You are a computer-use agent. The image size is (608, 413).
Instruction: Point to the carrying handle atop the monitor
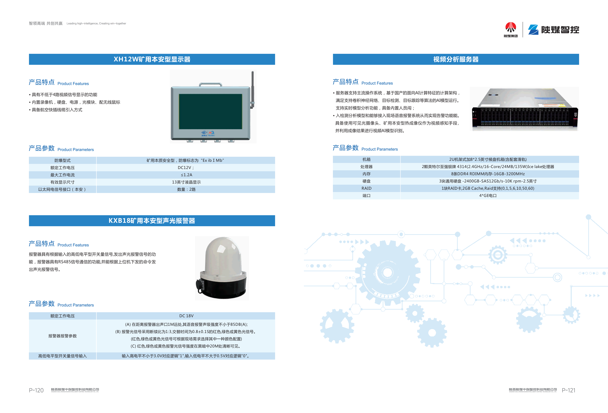point(211,85)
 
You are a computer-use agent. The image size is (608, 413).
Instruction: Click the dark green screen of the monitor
point(210,112)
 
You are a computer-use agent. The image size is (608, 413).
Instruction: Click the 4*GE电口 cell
point(488,196)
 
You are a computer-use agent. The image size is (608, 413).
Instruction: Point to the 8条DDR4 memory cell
point(488,174)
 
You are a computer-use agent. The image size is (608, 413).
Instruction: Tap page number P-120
point(36,390)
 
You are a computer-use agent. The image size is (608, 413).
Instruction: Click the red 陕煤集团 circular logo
point(510,27)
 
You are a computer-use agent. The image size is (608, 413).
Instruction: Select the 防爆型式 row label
point(62,160)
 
